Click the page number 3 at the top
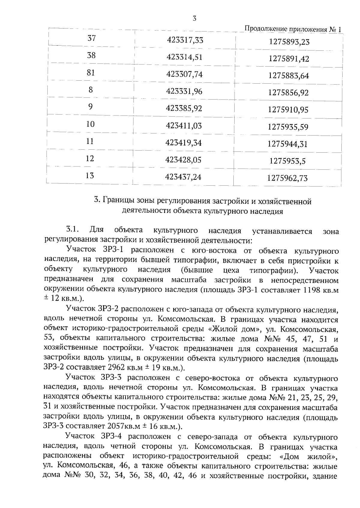194,19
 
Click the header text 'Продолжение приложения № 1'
293,29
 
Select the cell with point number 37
91,38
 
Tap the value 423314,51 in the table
184,57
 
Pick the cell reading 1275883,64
289,76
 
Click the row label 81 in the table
91,73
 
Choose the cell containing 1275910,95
288,110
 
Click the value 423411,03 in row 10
184,126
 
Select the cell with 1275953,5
287,161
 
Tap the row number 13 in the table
90,175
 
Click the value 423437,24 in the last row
183,177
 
